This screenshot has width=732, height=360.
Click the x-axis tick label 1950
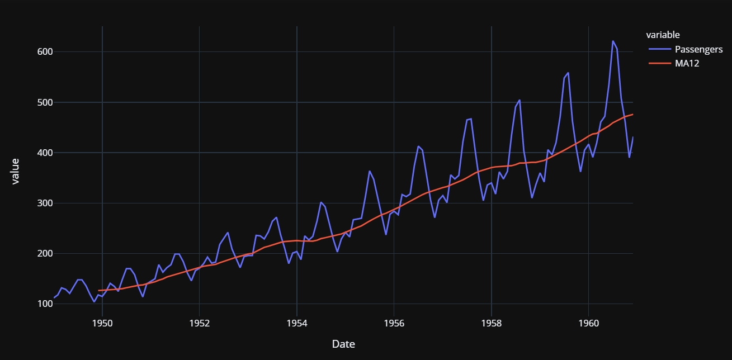102,323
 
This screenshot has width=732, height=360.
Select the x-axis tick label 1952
199,323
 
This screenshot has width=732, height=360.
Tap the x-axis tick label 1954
296,323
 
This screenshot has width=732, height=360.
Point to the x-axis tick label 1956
394,323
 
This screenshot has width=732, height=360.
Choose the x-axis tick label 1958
491,323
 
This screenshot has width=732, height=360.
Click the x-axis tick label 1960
588,323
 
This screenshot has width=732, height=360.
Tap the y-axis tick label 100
45,304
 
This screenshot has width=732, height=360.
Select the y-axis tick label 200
45,254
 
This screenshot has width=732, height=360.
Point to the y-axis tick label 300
45,203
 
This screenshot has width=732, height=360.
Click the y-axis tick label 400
45,153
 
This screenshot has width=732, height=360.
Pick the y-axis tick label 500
45,102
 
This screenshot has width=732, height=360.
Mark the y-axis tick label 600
45,52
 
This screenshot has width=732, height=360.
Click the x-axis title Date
343,344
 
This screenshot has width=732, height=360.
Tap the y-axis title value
16,171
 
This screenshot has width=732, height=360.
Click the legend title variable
663,35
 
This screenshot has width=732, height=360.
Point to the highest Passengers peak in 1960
613,41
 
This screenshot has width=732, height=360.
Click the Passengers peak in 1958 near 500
520,100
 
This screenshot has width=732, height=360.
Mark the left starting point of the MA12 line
98,291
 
